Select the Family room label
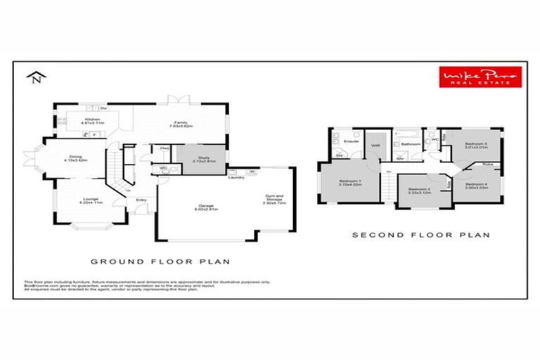coord(181,124)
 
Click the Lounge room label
coord(91,200)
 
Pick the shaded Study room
coord(202,158)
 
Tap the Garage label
coord(205,207)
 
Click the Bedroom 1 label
coord(350,183)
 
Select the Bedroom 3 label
coord(475,145)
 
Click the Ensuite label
coord(352,141)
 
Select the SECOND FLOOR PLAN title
coord(420,235)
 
